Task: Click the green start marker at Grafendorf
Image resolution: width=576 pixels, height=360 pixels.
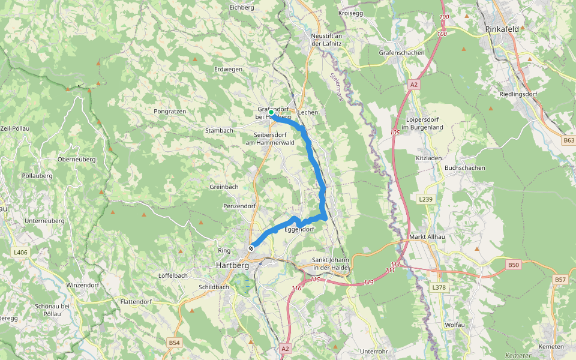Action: click(271, 112)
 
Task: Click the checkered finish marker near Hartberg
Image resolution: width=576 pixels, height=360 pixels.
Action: click(252, 247)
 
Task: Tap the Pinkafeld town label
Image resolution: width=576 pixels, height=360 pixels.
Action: click(503, 28)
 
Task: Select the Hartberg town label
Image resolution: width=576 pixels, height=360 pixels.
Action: click(232, 264)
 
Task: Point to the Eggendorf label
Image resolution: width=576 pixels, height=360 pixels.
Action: click(299, 229)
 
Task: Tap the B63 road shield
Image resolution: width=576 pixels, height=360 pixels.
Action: click(569, 140)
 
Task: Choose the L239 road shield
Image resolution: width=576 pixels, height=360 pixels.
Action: click(425, 199)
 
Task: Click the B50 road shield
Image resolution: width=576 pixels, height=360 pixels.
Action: click(513, 265)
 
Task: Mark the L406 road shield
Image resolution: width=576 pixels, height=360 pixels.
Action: click(20, 253)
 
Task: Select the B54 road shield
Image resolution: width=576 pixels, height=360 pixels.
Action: click(174, 343)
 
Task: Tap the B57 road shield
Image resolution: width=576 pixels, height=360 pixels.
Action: click(560, 280)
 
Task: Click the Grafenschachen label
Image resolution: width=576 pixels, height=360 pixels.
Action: click(401, 53)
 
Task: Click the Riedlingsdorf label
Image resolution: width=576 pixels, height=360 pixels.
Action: click(518, 95)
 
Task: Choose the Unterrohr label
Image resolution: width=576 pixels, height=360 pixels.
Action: click(374, 351)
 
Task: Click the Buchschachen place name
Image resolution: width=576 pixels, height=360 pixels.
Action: click(464, 168)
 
